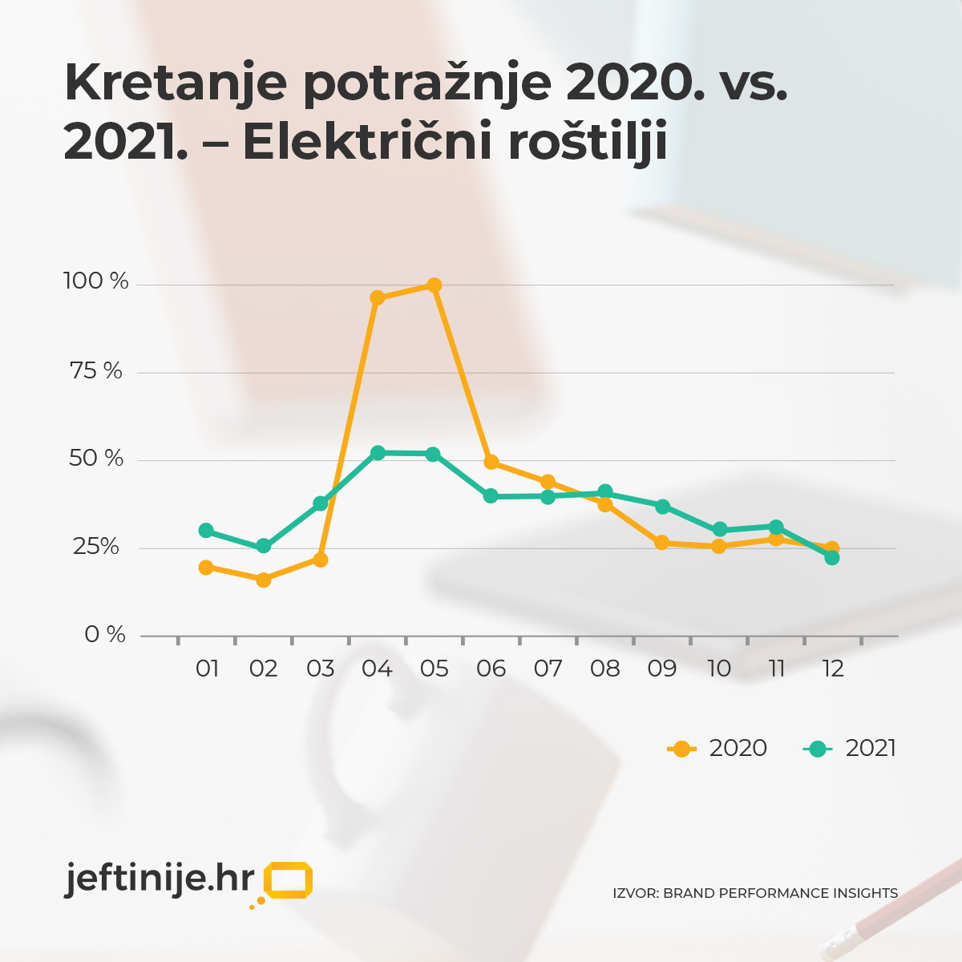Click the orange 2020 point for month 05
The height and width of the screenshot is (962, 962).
point(434,285)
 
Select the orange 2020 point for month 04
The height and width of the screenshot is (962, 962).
point(377,298)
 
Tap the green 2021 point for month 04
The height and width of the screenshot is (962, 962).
point(378,453)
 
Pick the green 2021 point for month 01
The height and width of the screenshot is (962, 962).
point(206,531)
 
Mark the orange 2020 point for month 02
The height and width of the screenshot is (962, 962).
point(263,580)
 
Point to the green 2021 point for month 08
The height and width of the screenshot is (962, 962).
point(605,492)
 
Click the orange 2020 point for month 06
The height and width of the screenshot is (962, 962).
point(491,463)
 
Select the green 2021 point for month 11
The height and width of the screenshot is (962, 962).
point(776,527)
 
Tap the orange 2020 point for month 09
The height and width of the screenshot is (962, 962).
point(662,543)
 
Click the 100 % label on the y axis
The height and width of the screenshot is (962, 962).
point(95,281)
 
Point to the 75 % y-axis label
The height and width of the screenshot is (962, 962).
point(95,371)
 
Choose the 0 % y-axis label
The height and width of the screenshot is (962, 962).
point(105,635)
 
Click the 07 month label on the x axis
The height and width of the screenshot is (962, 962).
point(548,669)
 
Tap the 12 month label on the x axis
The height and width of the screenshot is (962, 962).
point(833,669)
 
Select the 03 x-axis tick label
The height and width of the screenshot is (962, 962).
point(321,669)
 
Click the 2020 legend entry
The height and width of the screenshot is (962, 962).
point(717,748)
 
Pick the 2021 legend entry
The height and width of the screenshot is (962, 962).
point(850,748)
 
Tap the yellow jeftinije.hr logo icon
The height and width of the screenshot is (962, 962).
point(287,880)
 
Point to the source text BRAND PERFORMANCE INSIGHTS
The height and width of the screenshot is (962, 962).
point(780,893)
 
